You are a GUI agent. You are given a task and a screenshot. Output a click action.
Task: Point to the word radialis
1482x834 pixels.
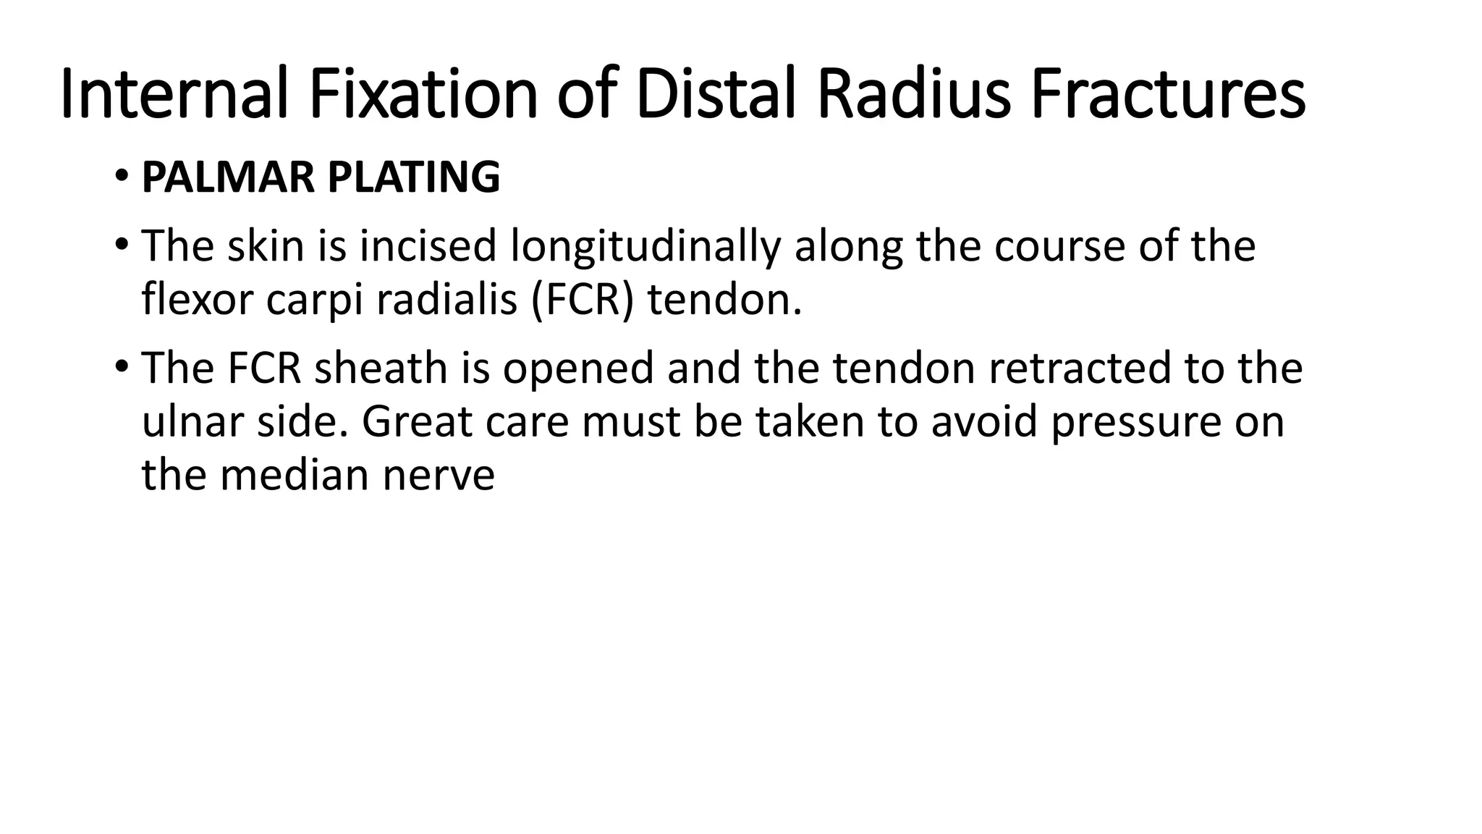point(446,300)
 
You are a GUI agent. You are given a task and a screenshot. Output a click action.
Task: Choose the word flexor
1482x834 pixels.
point(198,300)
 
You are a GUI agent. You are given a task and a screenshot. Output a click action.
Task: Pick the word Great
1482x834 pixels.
point(418,421)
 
